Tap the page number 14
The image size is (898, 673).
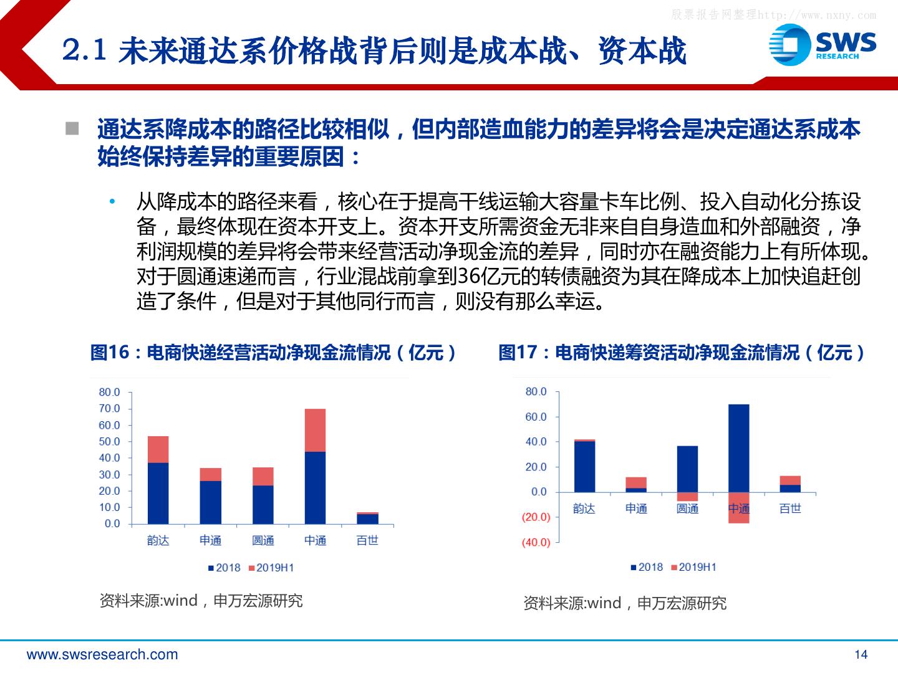point(861,654)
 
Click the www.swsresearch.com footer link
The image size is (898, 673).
point(102,655)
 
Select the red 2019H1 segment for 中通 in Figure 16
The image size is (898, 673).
point(315,430)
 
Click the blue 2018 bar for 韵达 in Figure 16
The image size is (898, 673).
point(158,493)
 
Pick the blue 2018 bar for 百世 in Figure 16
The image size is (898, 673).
point(367,519)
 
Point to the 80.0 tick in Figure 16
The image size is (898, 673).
point(109,392)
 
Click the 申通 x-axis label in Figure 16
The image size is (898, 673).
point(210,540)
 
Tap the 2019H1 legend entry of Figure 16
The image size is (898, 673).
point(271,568)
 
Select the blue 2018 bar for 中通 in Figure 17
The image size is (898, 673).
point(738,448)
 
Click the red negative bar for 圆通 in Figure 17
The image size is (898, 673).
point(687,497)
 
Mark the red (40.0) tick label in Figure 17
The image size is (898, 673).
point(536,542)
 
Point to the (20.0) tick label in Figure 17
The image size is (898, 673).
point(536,517)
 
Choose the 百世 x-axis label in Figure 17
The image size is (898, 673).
point(790,508)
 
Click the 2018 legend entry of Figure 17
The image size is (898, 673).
point(647,567)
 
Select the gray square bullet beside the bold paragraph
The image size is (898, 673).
point(72,129)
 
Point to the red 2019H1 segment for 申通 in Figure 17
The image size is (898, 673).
point(636,482)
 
